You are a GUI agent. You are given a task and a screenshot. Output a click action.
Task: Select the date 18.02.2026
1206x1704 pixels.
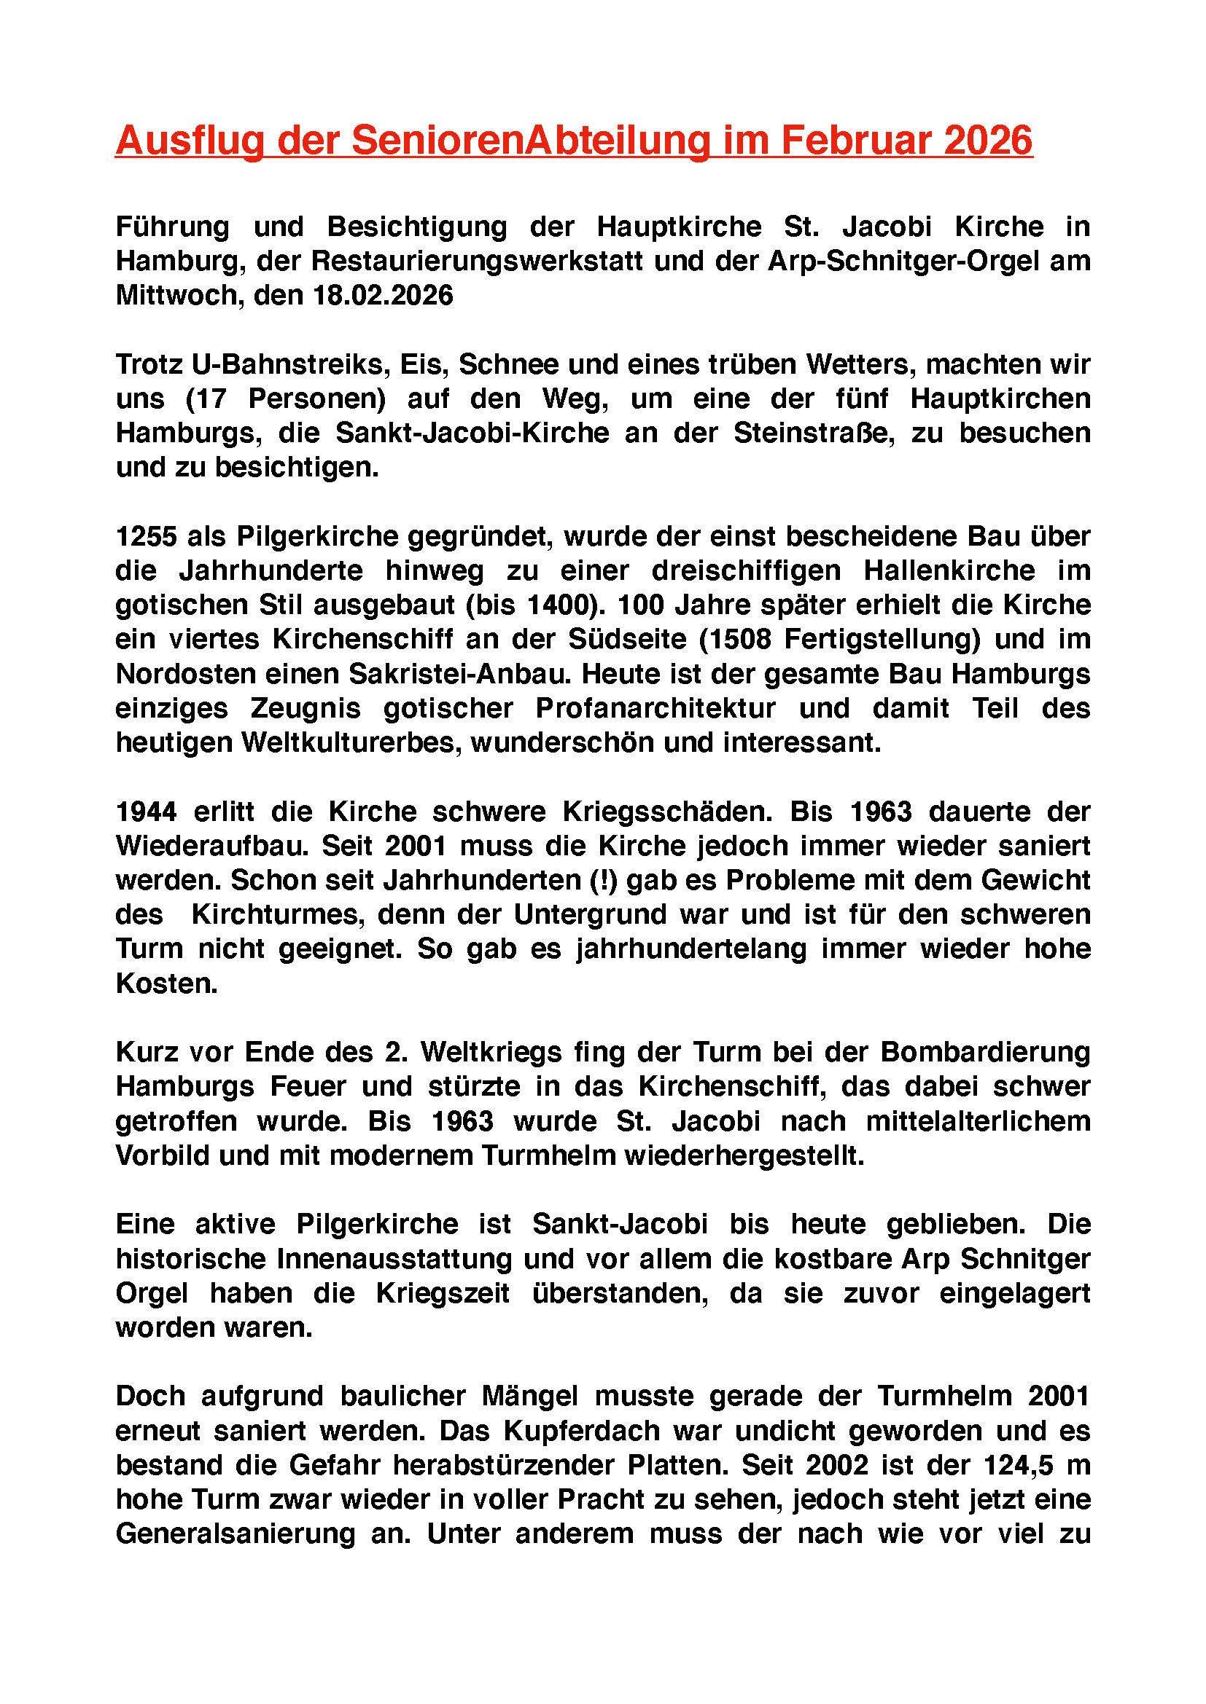coord(384,295)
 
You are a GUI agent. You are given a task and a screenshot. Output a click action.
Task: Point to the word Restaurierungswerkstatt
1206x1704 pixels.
coord(477,262)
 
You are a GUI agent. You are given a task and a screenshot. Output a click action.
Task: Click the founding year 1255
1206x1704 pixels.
coord(147,536)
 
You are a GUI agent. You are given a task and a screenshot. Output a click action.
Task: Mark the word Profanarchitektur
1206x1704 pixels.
coord(655,708)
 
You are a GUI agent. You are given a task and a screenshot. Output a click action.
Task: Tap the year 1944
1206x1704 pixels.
coord(147,811)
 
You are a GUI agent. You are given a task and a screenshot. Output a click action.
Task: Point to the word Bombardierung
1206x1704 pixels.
coord(984,1053)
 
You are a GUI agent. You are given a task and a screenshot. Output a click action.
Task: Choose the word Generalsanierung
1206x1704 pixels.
coord(236,1534)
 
